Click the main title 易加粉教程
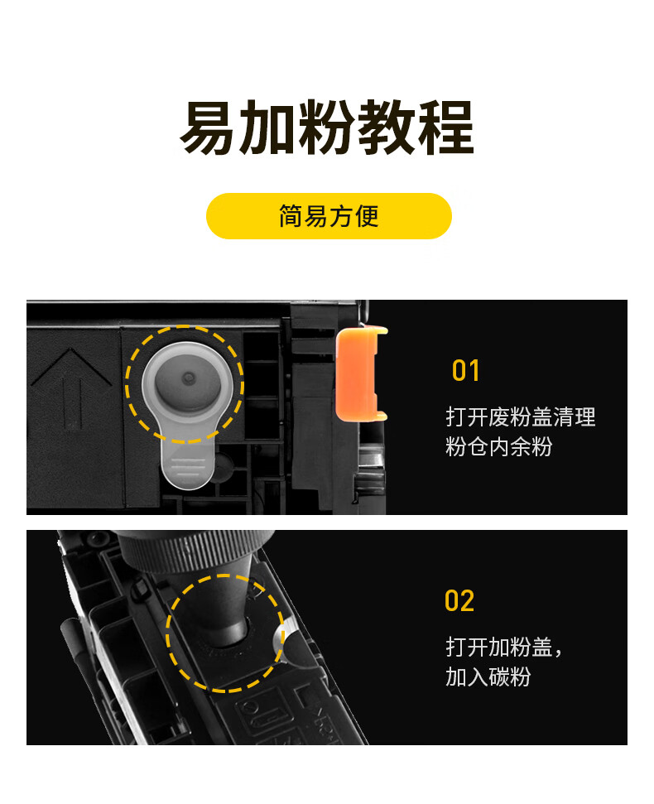point(326,128)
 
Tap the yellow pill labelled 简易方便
point(329,216)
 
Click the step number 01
point(465,371)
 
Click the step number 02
point(459,601)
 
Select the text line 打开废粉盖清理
point(520,416)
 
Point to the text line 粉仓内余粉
point(498,446)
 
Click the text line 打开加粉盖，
point(504,648)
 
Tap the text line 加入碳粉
point(488,676)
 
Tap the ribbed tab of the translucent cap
point(187,464)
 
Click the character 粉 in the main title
point(327,128)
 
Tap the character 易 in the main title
point(208,128)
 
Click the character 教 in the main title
point(387,128)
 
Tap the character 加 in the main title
point(267,128)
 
